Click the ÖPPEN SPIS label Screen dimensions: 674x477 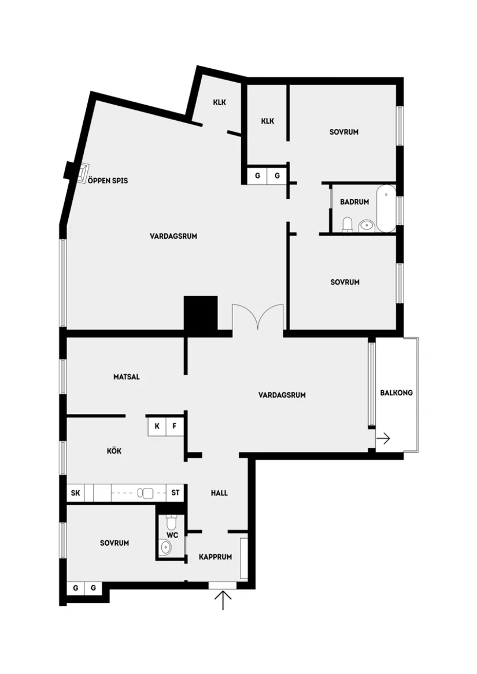(108, 181)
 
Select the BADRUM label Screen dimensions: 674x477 (354, 202)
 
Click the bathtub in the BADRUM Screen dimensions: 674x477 (386, 208)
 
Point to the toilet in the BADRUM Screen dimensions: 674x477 (347, 224)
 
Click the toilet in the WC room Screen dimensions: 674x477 (171, 523)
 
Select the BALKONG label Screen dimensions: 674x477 (397, 393)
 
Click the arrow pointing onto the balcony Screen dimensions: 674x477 (383, 439)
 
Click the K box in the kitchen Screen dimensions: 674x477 (157, 427)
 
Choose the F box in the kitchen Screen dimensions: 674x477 (175, 427)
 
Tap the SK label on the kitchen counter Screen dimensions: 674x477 (75, 493)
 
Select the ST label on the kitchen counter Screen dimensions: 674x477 (175, 493)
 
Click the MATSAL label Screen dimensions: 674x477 (127, 377)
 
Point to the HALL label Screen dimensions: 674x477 (219, 493)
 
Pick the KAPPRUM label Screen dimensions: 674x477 (215, 557)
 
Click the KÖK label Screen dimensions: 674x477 (114, 451)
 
